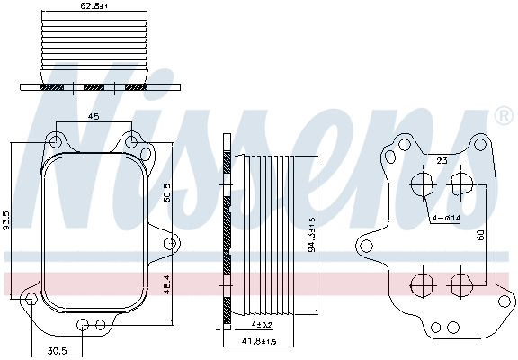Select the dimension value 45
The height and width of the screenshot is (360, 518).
pyautogui.click(x=93, y=116)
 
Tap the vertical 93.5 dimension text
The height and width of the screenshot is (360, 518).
pyautogui.click(x=8, y=220)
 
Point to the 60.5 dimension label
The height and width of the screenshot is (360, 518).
pyautogui.click(x=167, y=192)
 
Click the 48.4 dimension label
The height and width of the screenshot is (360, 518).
pyautogui.click(x=167, y=282)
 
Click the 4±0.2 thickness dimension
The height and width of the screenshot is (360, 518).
pyautogui.click(x=262, y=323)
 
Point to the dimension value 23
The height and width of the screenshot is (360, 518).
pyautogui.click(x=441, y=160)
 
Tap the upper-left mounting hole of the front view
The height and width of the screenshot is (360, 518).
pyautogui.click(x=56, y=140)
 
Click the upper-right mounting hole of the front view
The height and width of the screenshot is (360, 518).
pyautogui.click(x=131, y=140)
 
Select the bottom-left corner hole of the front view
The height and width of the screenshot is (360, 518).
pyautogui.click(x=31, y=300)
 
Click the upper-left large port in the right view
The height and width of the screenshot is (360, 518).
pyautogui.click(x=421, y=186)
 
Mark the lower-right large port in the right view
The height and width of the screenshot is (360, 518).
pyautogui.click(x=460, y=285)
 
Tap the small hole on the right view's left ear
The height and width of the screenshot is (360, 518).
pyautogui.click(x=367, y=245)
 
